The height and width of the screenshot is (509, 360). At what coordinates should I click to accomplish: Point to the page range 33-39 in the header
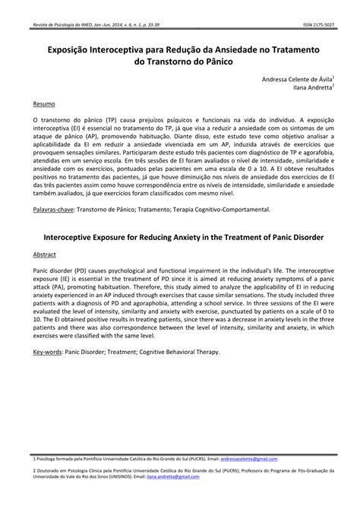(152, 24)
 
